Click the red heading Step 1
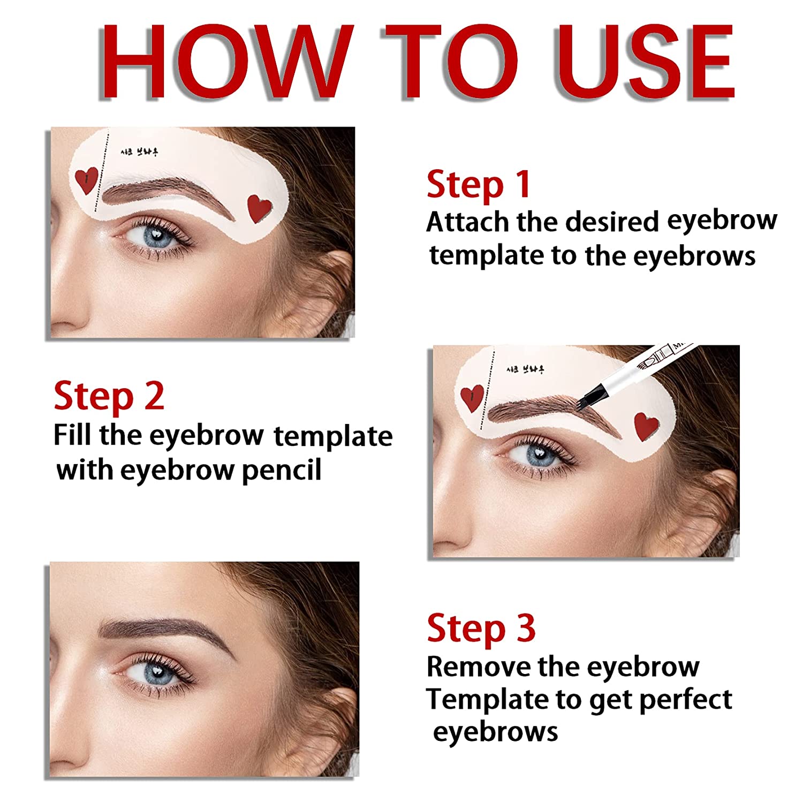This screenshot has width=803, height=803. (478, 185)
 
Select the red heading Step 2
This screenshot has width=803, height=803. (109, 397)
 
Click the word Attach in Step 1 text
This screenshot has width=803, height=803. (467, 222)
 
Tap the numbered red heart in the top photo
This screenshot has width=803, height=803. (86, 180)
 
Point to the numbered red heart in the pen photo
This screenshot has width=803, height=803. (472, 398)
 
